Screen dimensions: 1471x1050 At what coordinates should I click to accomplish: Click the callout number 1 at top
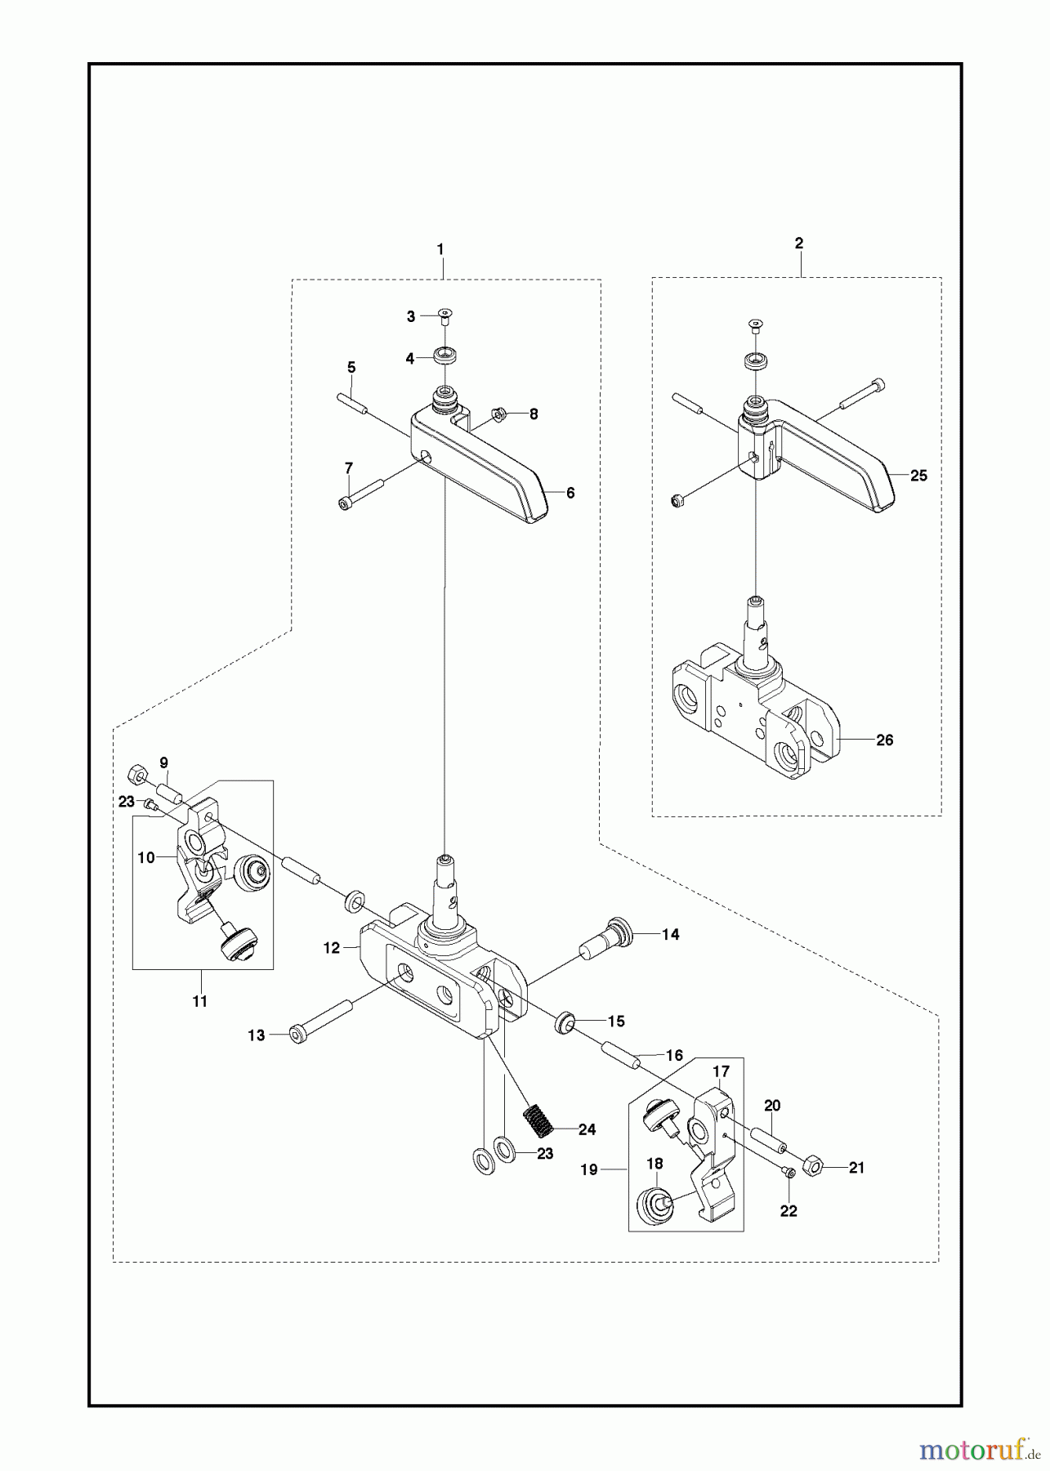coord(440,248)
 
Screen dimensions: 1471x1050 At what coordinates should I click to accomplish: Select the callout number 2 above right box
coord(799,243)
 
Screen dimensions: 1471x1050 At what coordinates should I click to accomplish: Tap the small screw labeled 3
coord(445,315)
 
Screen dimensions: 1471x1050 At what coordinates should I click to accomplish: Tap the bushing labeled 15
coord(564,1024)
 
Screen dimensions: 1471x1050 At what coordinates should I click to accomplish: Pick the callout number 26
coord(884,740)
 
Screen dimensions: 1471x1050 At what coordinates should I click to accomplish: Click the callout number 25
coord(918,475)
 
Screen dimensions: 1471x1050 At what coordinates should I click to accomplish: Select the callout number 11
coord(200,1000)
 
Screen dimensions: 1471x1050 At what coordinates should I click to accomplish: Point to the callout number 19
coord(590,1169)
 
